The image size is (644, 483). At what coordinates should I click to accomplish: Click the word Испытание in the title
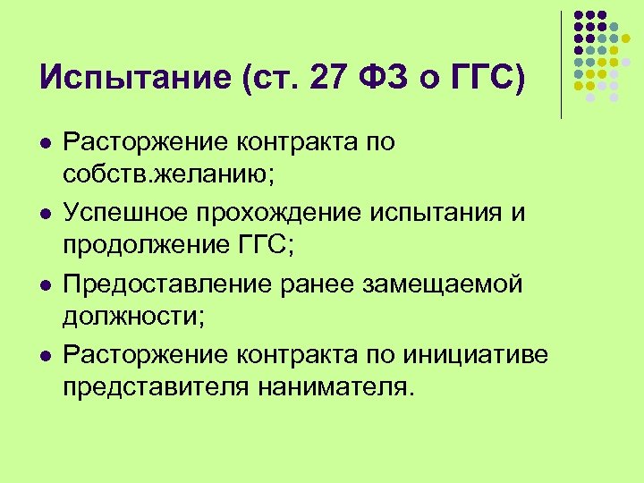pos(135,80)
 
